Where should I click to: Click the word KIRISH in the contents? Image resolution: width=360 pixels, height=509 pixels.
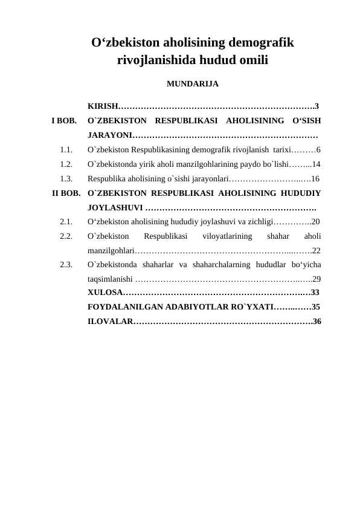click(x=103, y=106)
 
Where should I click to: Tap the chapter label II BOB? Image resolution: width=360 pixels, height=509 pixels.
click(x=66, y=194)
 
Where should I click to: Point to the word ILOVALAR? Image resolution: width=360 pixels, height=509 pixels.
click(x=109, y=321)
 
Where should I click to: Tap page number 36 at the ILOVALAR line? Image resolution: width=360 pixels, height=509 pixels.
click(x=317, y=321)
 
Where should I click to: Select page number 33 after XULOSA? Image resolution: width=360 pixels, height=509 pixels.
click(x=314, y=293)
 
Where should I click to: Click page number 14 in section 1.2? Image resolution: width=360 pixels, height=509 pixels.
click(x=316, y=164)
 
